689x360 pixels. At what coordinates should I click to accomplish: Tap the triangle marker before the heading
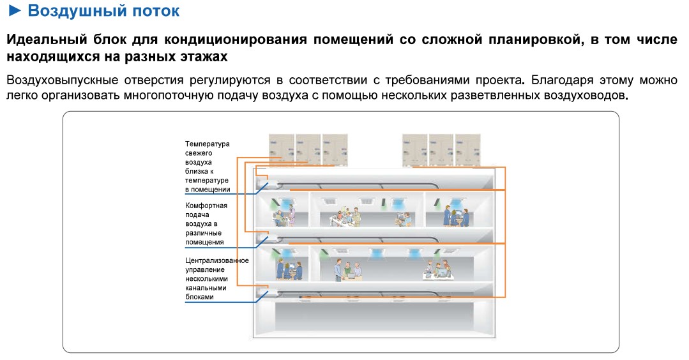pyautogui.click(x=14, y=11)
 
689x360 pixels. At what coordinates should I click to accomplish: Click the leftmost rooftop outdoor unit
pyautogui.click(x=282, y=148)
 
